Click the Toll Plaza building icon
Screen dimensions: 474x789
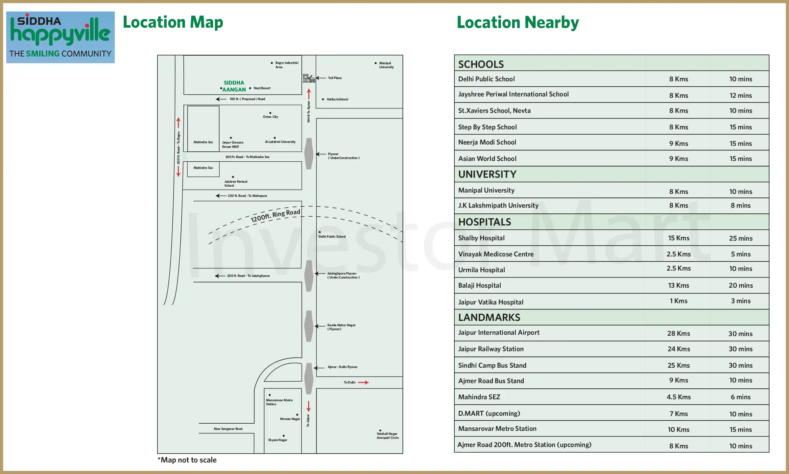tap(309, 78)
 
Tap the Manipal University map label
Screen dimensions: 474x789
tap(386, 65)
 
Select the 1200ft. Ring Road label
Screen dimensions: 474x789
tap(275, 215)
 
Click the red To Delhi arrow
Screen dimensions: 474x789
tap(363, 382)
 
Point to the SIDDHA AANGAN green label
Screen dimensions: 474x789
tap(234, 86)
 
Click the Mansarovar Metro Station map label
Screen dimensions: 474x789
tap(279, 402)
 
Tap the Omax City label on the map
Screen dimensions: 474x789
tap(270, 117)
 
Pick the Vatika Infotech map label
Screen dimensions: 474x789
tap(337, 99)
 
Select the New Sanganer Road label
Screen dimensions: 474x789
tap(228, 429)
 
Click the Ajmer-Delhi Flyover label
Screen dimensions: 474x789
tap(342, 367)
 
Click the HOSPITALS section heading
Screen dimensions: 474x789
tap(485, 222)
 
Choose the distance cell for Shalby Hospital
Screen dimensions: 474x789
tap(679, 238)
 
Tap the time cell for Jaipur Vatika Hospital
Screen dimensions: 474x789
tap(740, 301)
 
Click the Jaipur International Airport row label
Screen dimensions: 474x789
tap(499, 332)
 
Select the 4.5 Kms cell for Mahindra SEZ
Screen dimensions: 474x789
tap(679, 397)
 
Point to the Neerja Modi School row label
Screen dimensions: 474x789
tap(487, 142)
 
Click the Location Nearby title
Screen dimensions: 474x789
tap(518, 22)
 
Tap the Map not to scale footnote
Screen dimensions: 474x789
tap(187, 460)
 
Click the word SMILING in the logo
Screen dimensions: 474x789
tap(47, 54)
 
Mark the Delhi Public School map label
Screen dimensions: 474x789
tap(332, 237)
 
